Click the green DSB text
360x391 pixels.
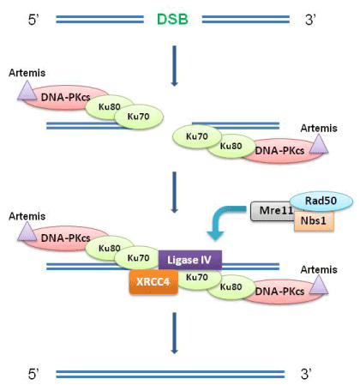point(172,20)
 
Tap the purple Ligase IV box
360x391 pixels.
point(190,260)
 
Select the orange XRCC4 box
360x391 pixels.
point(153,282)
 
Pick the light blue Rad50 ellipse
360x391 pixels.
point(321,201)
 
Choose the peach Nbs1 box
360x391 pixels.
point(314,220)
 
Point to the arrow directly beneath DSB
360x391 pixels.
point(174,66)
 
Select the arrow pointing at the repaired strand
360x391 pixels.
point(174,333)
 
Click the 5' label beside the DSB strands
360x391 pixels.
point(33,20)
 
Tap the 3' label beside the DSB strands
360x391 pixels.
point(310,20)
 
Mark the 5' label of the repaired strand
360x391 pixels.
point(33,374)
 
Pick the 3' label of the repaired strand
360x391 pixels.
point(306,374)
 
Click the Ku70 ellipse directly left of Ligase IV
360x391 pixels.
point(139,258)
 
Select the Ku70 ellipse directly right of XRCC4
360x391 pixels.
point(197,277)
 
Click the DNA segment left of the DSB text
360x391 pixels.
point(99,20)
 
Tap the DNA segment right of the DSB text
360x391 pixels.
point(246,20)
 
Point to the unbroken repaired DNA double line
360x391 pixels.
point(171,374)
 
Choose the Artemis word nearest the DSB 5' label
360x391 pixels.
point(27,73)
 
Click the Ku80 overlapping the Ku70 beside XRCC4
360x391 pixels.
point(231,287)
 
